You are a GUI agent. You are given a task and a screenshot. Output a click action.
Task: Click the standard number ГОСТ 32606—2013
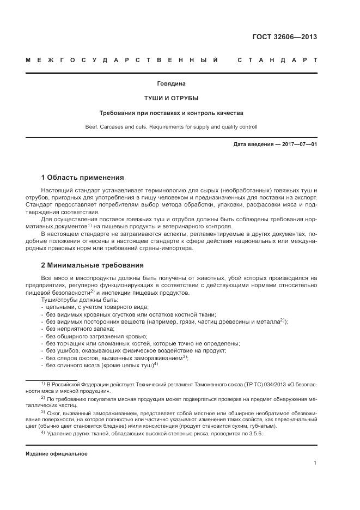click(284, 37)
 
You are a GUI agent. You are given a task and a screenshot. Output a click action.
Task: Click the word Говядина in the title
click(172, 84)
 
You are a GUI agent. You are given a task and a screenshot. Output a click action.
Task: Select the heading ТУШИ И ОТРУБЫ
click(172, 99)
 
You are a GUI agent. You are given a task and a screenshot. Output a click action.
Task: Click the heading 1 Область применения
click(82, 178)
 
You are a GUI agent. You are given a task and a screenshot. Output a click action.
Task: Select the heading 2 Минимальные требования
click(92, 266)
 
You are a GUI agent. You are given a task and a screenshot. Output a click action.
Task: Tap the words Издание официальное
click(57, 453)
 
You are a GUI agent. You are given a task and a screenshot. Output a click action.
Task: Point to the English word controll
click(247, 127)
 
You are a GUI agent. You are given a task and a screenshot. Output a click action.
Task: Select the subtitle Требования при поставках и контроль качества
click(172, 113)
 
